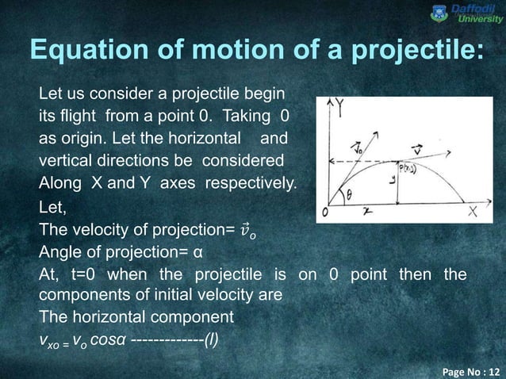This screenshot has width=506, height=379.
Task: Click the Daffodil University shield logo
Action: click(x=437, y=12)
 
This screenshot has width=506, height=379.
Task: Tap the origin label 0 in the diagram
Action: click(x=324, y=213)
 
